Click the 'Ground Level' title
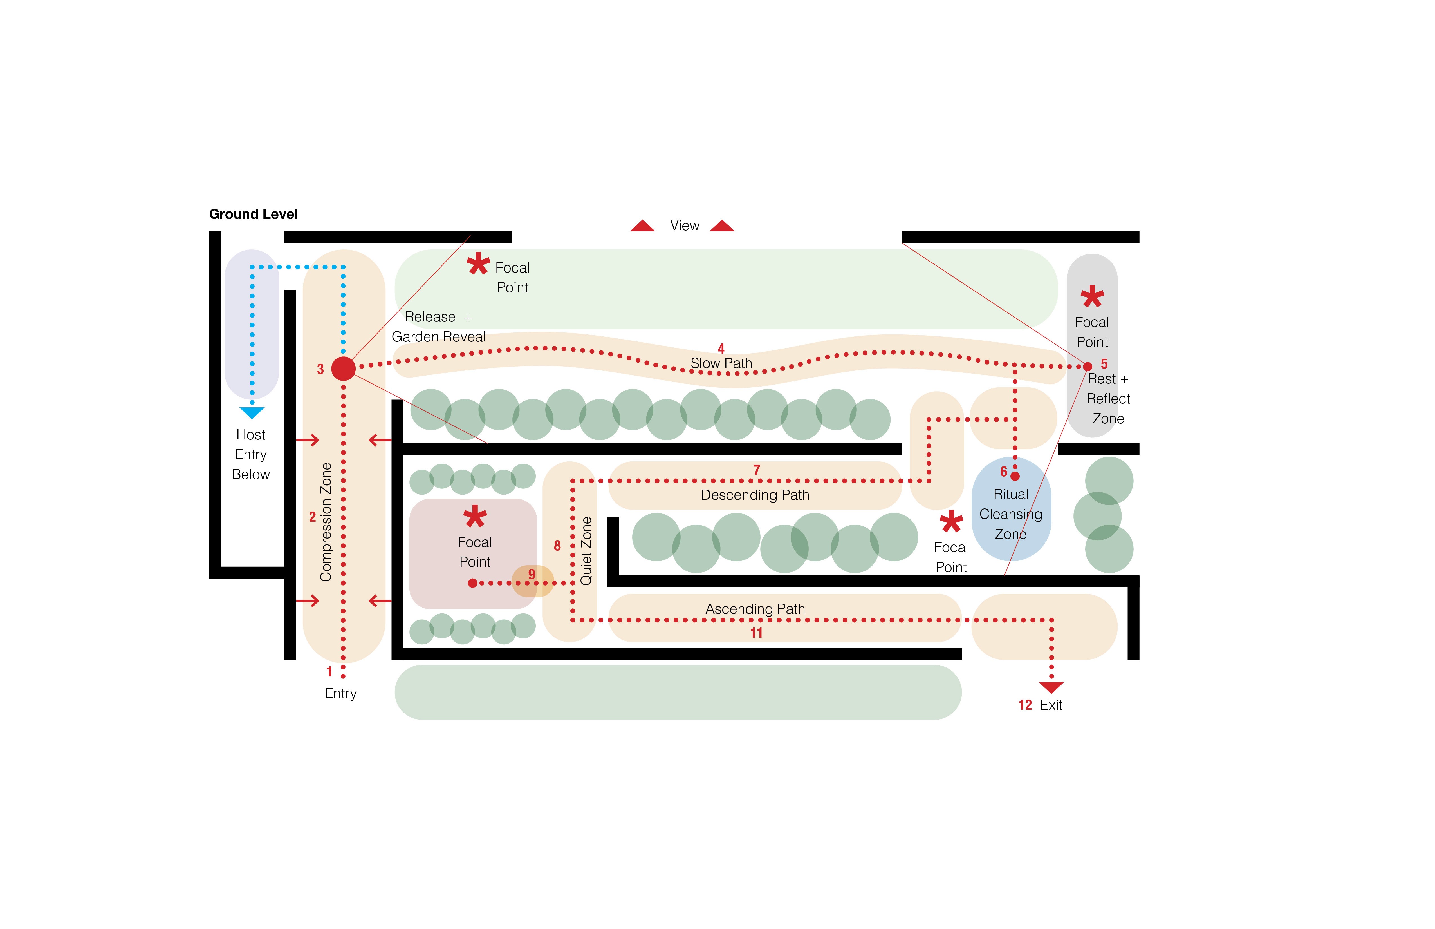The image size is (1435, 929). pyautogui.click(x=253, y=214)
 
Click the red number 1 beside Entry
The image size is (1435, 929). pyautogui.click(x=329, y=671)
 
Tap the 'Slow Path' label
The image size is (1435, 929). pyautogui.click(x=721, y=363)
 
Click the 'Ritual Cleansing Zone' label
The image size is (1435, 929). pyautogui.click(x=1010, y=514)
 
